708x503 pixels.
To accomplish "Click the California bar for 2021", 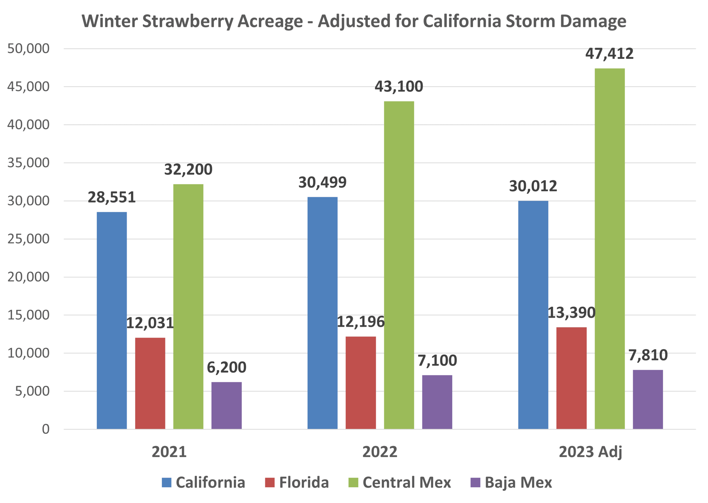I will coord(111,320).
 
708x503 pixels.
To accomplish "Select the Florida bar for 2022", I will coord(361,383).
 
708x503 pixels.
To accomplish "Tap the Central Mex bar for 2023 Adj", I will coord(610,248).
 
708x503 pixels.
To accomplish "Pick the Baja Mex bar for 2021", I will coord(227,405).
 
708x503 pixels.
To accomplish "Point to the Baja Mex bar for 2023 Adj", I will coord(648,399).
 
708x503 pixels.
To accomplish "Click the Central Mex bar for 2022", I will coord(399,265).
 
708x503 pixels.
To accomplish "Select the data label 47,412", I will coord(609,54).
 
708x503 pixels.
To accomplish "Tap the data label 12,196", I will coord(361,322).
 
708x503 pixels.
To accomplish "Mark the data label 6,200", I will coord(227,368).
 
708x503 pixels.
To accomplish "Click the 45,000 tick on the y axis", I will coord(28,87).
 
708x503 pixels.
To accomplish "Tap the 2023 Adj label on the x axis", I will coord(590,452).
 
